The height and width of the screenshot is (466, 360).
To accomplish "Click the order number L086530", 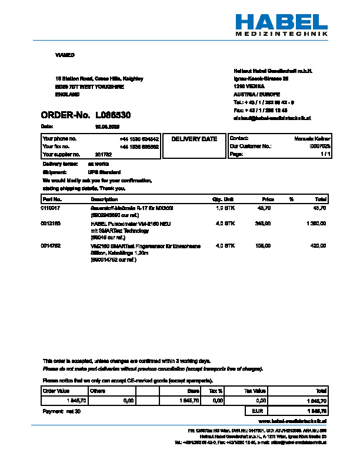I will click(113, 115).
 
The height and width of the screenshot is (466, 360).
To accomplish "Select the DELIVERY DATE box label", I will click(194, 139).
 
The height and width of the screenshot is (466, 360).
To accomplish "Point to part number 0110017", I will click(50, 208).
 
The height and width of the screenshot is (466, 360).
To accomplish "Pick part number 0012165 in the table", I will click(50, 224).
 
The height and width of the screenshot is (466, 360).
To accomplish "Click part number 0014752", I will click(50, 245).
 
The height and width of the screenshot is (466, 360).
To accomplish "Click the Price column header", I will click(268, 200).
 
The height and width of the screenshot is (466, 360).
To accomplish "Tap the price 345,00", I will click(262, 224).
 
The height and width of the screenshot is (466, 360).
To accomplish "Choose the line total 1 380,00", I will click(316, 224).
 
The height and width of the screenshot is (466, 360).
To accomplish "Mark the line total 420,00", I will click(318, 245).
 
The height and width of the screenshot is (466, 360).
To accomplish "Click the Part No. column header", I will click(51, 200).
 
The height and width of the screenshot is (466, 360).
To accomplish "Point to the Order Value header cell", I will click(56, 391).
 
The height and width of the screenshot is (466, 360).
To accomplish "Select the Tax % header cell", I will click(215, 391).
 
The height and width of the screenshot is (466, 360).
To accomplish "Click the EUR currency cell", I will click(256, 411).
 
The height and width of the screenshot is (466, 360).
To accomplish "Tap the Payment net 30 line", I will click(61, 411).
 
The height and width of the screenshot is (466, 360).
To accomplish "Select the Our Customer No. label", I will click(250, 146).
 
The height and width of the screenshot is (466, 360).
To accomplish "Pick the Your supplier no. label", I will click(60, 154).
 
